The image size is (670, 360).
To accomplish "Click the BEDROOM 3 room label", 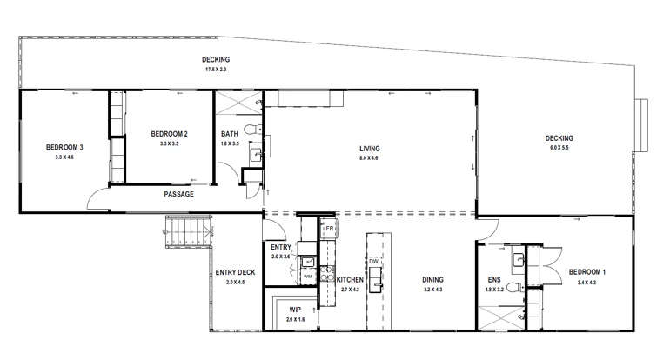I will tap(64, 147).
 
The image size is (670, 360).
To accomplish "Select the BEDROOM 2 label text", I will tap(169, 133).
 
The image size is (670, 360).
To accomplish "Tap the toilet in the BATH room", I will tap(251, 130).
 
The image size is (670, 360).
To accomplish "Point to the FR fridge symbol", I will tap(330, 230).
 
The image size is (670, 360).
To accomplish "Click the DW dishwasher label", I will tap(373, 262).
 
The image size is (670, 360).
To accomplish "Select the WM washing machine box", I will tap(307, 277).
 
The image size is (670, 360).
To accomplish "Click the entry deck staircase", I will tap(186, 232).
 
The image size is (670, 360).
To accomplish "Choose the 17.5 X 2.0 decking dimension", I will tap(215, 69).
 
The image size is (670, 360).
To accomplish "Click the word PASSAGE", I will tap(178, 194).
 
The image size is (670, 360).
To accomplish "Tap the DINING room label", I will tap(432, 279).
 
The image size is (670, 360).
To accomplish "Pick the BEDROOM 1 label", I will tap(586, 272).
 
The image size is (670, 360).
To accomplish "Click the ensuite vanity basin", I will tap(516, 259).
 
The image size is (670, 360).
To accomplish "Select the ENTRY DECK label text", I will tap(235, 272).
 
